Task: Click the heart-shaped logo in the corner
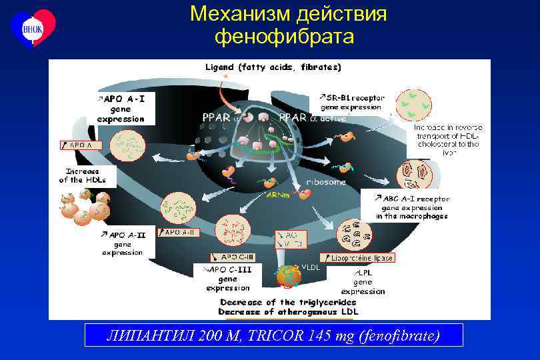pyautogui.click(x=33, y=27)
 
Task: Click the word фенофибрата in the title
pyautogui.click(x=284, y=36)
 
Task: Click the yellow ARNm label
pyautogui.click(x=277, y=195)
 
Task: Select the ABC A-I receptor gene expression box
pyautogui.click(x=412, y=207)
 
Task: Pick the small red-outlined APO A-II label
pyautogui.click(x=178, y=233)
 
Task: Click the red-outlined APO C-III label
pyautogui.click(x=232, y=257)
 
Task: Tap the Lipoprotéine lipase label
pyautogui.click(x=357, y=257)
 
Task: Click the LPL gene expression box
pyautogui.click(x=363, y=282)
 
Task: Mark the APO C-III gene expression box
pyautogui.click(x=227, y=279)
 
